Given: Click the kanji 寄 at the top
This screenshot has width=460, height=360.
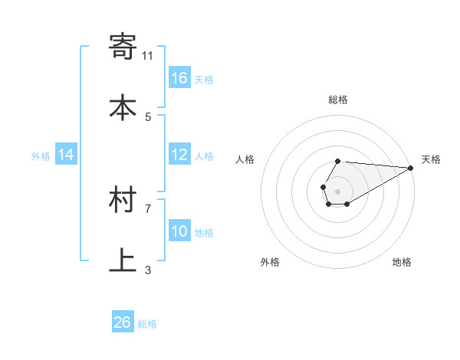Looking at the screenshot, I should click(123, 47).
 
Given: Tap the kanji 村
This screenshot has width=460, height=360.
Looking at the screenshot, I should click(123, 200).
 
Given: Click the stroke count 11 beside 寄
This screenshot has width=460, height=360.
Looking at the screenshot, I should click(148, 55).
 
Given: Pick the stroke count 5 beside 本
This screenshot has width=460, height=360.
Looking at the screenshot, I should click(148, 116).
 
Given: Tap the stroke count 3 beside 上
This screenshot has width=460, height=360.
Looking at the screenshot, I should click(148, 270).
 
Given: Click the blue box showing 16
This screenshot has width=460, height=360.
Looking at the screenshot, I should click(179, 77).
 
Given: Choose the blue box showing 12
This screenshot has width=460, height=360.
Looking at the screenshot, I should click(179, 155).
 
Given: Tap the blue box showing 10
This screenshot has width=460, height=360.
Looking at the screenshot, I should click(179, 231).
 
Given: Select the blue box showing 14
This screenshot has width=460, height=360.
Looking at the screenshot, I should click(66, 155).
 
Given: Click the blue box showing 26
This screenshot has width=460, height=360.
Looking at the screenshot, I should click(123, 322).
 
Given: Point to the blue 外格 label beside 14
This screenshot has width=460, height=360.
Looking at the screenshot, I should click(41, 156).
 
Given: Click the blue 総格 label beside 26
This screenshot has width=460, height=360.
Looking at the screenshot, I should click(147, 324).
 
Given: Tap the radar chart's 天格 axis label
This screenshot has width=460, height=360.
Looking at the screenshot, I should click(431, 159).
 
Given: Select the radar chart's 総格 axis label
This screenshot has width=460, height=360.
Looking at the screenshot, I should click(337, 100).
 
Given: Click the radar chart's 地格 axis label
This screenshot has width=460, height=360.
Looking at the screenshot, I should click(402, 262).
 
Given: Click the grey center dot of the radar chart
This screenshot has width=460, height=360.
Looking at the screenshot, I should click(337, 190).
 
